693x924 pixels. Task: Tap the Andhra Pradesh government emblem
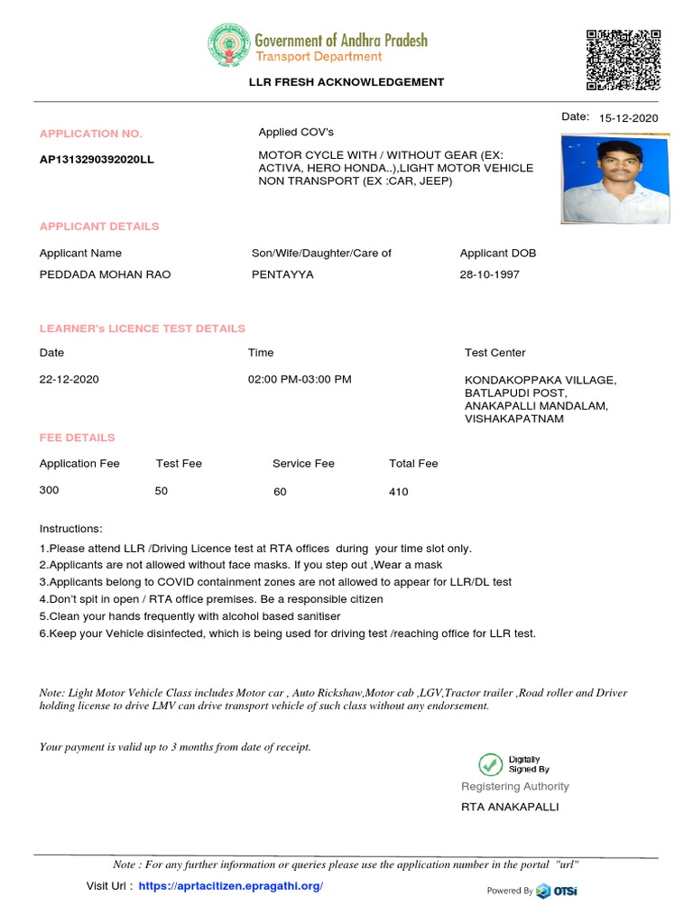[x=229, y=47]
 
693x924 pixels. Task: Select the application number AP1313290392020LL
[x=97, y=160]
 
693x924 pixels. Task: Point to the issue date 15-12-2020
[x=629, y=118]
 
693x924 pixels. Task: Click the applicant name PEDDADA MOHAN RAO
[x=105, y=274]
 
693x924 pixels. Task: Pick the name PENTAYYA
[x=282, y=274]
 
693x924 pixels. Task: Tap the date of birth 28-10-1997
[x=490, y=274]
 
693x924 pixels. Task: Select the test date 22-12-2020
[x=69, y=379]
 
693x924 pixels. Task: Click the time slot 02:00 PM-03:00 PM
[x=300, y=379]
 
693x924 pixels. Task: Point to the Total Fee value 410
[x=398, y=492]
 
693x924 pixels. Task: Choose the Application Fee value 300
[x=49, y=490]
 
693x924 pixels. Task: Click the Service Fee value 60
[x=280, y=492]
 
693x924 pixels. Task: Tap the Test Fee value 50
[x=162, y=490]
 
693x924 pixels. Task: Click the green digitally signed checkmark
[x=491, y=764]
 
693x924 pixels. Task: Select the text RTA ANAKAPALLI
[x=510, y=807]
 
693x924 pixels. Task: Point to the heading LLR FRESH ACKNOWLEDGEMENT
[x=346, y=82]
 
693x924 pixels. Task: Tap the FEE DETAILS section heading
[x=77, y=438]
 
